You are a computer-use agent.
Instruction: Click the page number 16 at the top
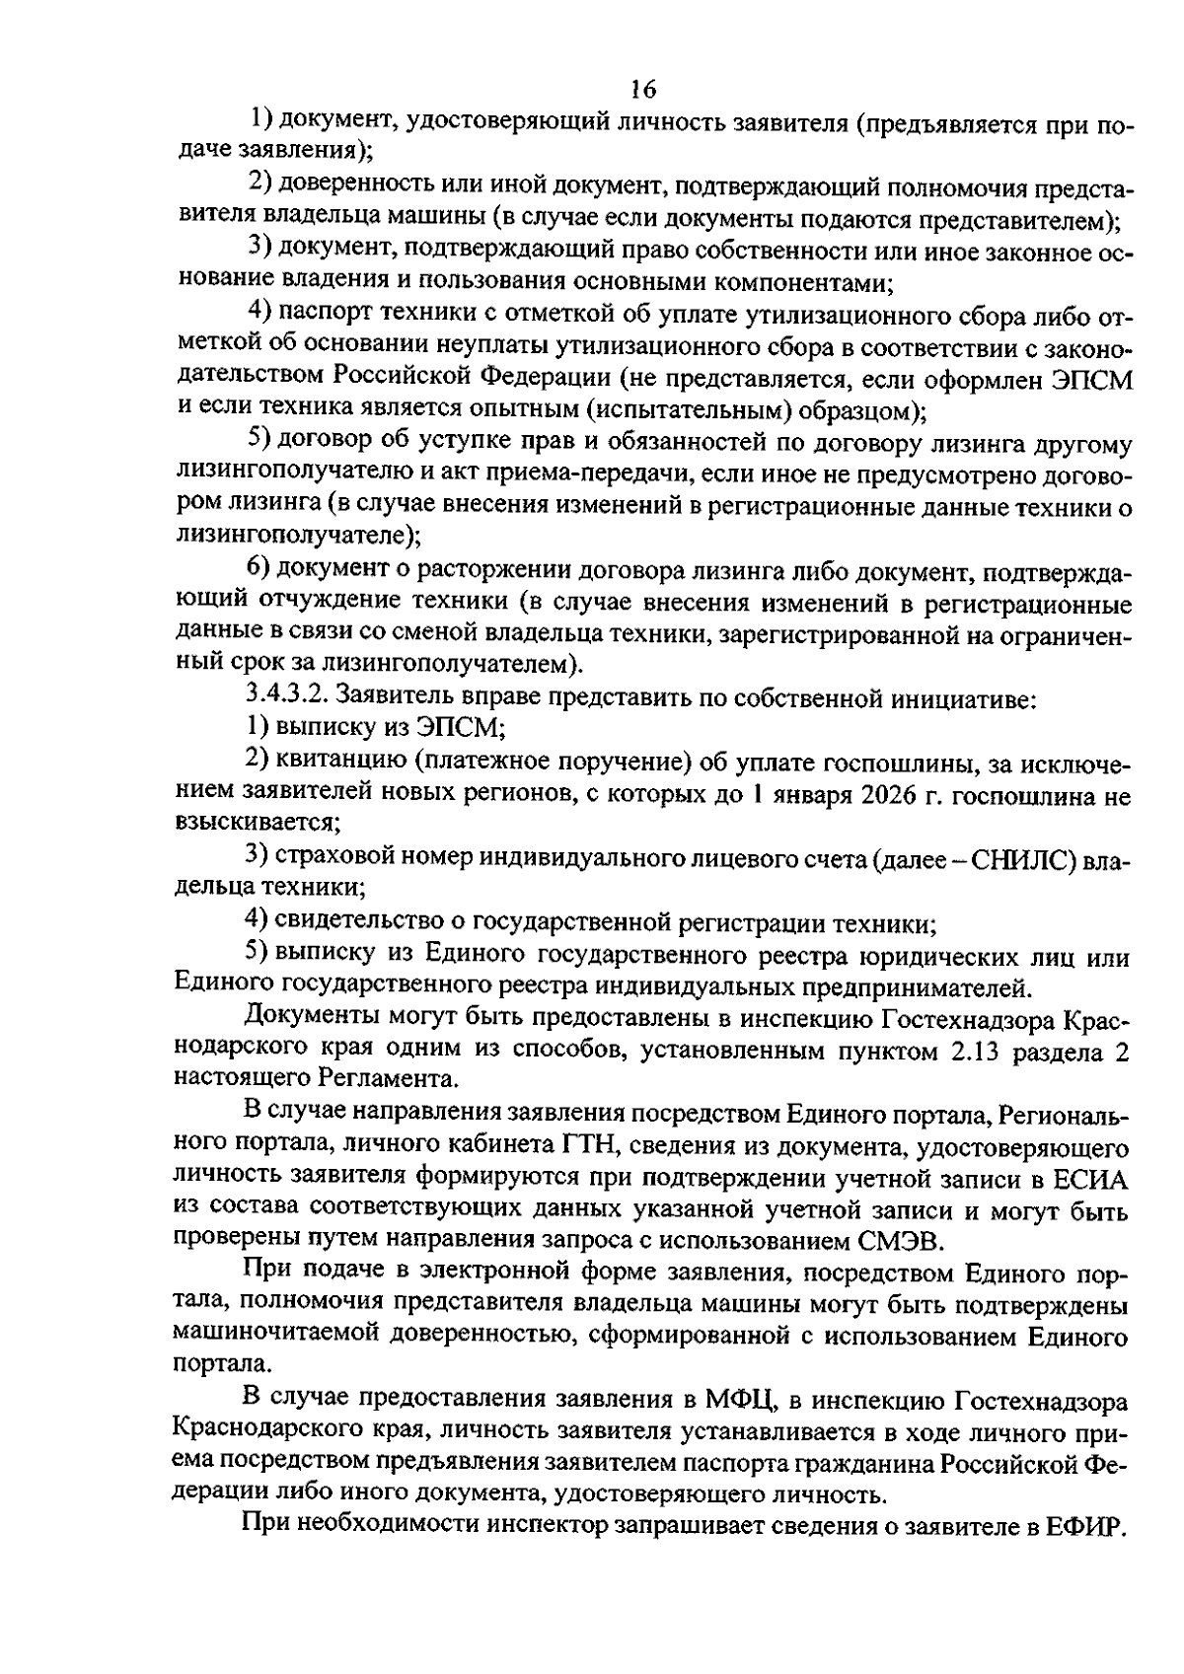click(642, 89)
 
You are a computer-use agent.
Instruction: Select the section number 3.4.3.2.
click(286, 696)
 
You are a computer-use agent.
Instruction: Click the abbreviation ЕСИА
click(1090, 1180)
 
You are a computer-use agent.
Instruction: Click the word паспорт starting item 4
click(322, 314)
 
